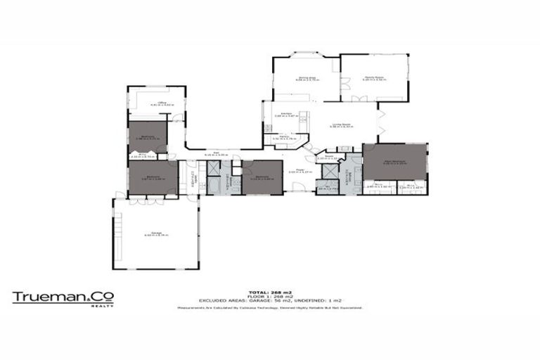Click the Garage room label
[x=155, y=235]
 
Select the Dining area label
[x=307, y=79]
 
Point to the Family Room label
[x=373, y=78]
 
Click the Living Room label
[x=342, y=125]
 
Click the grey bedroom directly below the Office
[x=148, y=137]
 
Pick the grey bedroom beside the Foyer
[x=262, y=176]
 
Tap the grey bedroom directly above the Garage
[x=153, y=177]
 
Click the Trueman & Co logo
[x=63, y=297]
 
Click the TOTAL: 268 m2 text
[x=270, y=292]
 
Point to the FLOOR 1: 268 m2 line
[x=270, y=297]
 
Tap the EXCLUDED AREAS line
[x=270, y=302]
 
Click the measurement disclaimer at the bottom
[x=270, y=307]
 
